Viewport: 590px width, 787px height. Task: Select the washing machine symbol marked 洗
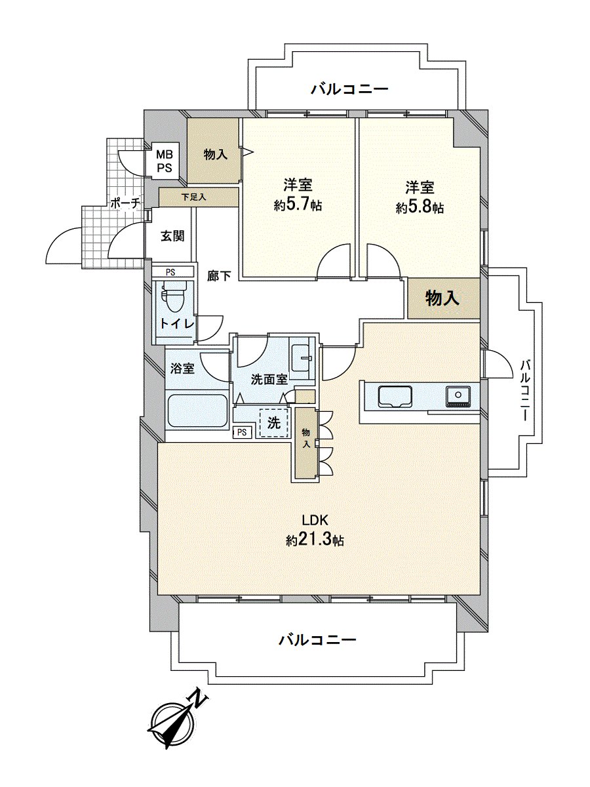[273, 423]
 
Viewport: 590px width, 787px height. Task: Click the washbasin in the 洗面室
[303, 358]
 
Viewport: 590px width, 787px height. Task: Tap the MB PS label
[164, 161]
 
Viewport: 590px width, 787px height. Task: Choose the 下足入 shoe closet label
[194, 197]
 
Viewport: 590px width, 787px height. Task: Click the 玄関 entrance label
[172, 236]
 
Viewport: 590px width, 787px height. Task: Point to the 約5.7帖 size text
[298, 206]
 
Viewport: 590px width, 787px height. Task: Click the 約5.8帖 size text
[420, 208]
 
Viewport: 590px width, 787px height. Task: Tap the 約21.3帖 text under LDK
[315, 540]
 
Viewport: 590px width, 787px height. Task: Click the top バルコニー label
[349, 89]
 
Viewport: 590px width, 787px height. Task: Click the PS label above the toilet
[170, 272]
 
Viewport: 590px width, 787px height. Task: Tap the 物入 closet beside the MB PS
[215, 154]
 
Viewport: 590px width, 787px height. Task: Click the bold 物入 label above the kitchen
[442, 298]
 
